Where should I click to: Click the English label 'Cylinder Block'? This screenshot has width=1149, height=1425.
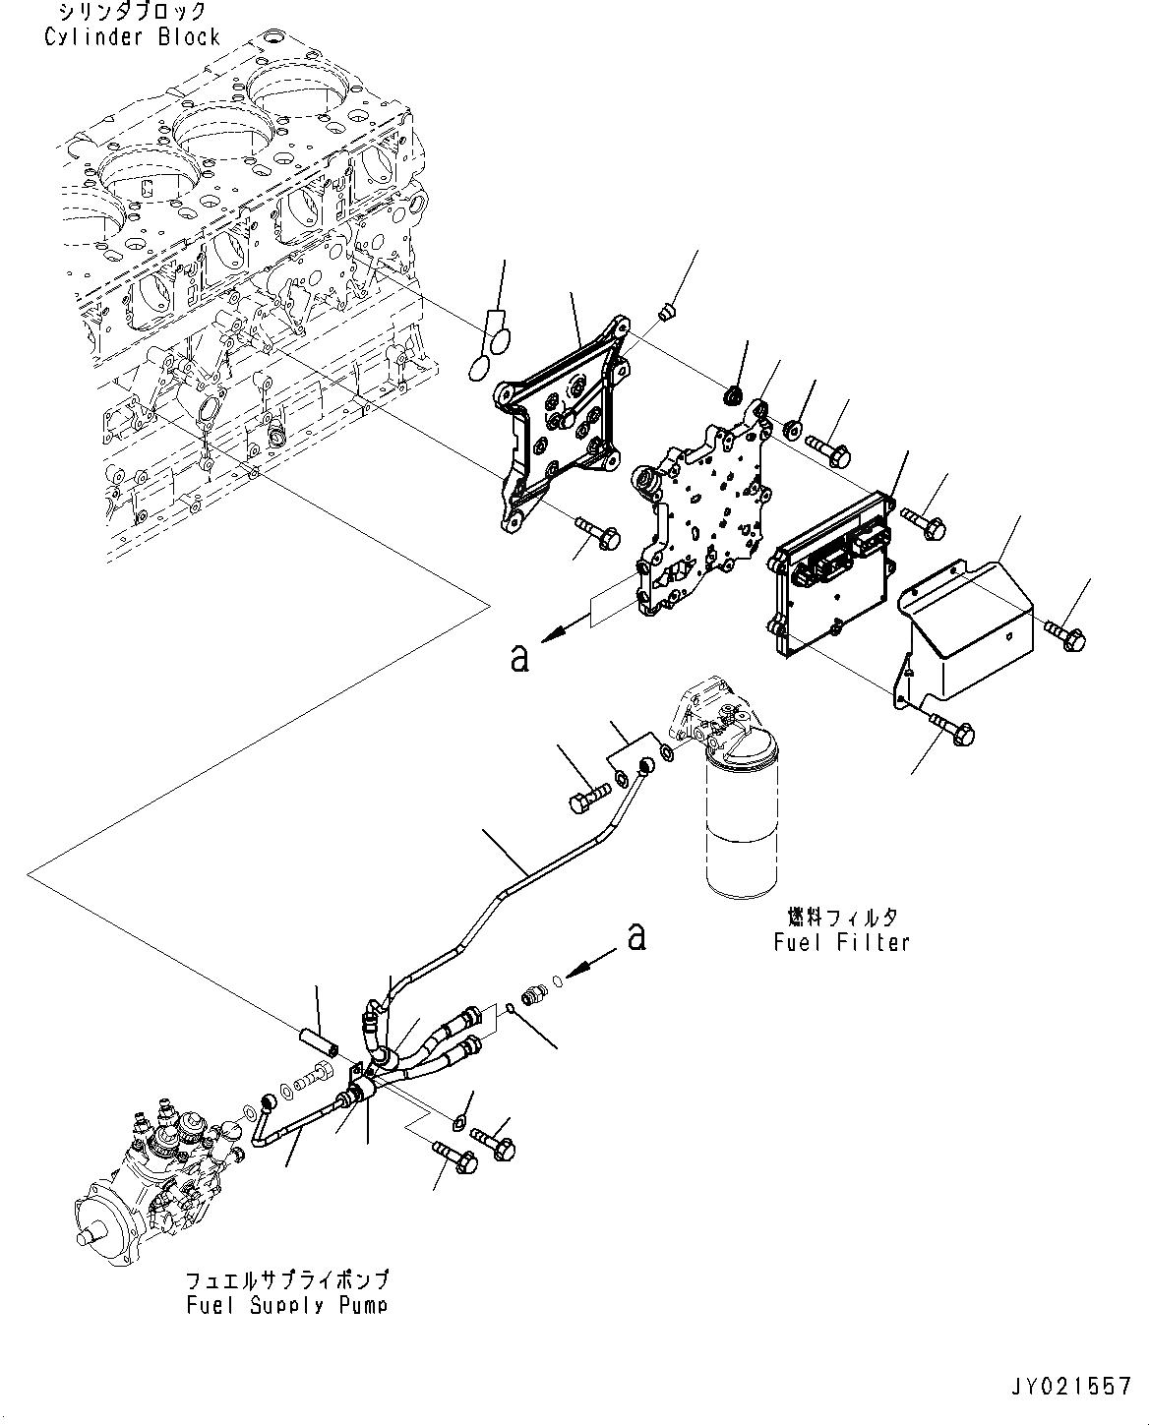click(133, 37)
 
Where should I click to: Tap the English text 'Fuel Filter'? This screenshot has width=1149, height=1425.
click(841, 942)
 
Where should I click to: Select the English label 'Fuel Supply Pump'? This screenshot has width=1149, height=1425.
click(287, 1305)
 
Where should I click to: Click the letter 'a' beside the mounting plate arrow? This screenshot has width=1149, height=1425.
click(519, 657)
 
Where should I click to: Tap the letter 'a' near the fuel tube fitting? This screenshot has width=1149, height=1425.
click(637, 936)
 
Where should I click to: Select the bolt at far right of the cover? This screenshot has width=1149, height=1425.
click(1065, 633)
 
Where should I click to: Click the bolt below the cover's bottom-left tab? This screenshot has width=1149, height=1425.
click(952, 729)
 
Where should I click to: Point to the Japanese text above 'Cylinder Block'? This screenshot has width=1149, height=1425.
click(133, 13)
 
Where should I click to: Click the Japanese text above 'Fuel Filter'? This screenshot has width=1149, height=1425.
click(841, 918)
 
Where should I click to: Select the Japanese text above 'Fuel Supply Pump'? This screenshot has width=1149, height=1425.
click(287, 1280)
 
